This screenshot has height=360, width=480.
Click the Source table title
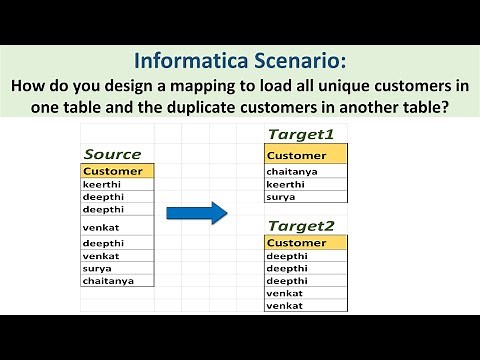coord(112,154)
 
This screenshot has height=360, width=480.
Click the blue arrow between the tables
coord(197,212)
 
